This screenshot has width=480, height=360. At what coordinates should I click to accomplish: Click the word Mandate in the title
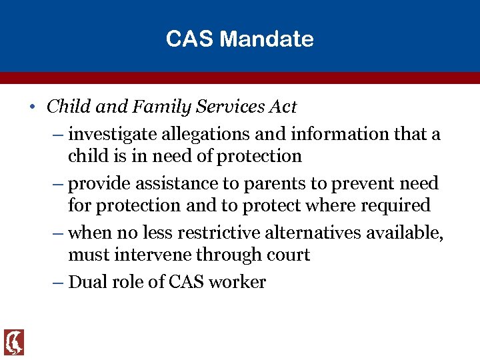266,39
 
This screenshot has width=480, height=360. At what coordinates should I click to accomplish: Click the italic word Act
281,106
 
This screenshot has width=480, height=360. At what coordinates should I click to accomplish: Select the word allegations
205,135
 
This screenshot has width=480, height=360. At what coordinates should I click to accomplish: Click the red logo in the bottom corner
14,342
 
